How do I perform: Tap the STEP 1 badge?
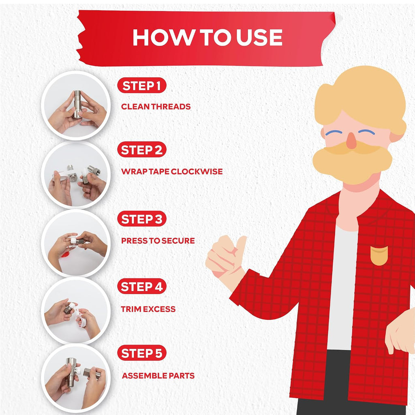141,86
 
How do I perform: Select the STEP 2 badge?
141,150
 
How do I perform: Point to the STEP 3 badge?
141,219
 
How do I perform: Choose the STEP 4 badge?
141,287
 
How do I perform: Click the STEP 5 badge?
141,353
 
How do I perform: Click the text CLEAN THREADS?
156,107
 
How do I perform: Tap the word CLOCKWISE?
197,171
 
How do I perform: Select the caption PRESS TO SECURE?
158,241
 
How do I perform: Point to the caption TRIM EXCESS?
148,309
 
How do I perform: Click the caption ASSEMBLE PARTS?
158,376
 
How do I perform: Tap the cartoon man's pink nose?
352,141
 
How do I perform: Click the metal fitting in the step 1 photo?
77,104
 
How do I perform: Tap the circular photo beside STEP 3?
76,243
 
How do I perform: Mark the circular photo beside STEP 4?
76,311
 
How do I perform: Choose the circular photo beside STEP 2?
76,175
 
